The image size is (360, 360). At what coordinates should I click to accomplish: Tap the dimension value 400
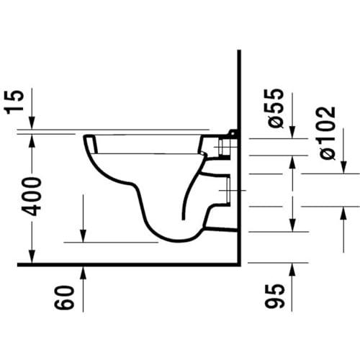pyautogui.click(x=31, y=197)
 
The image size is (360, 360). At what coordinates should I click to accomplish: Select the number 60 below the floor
pyautogui.click(x=64, y=297)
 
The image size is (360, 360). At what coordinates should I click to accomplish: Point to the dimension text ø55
pyautogui.click(x=274, y=108)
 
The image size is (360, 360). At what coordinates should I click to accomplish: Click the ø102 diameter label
pyautogui.click(x=328, y=132)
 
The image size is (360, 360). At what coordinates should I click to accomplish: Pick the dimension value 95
pyautogui.click(x=275, y=296)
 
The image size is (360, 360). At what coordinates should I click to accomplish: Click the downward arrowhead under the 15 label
pyautogui.click(x=32, y=123)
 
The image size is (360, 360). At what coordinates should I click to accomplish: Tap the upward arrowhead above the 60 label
pyautogui.click(x=83, y=272)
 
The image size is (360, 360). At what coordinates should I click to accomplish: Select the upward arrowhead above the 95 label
pyautogui.click(x=292, y=269)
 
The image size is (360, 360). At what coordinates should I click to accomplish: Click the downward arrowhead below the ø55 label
pyautogui.click(x=292, y=132)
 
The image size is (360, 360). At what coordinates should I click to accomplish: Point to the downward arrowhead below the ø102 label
pyautogui.click(x=343, y=167)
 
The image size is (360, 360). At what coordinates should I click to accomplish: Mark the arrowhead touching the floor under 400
pyautogui.click(x=32, y=257)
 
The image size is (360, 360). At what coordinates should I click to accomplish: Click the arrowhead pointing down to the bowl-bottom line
pyautogui.click(x=83, y=235)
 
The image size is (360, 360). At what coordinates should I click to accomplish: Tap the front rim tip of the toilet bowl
pyautogui.click(x=84, y=137)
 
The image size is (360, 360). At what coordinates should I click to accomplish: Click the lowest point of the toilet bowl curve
pyautogui.click(x=178, y=240)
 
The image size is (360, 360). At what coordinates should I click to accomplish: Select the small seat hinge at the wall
pyautogui.click(x=233, y=134)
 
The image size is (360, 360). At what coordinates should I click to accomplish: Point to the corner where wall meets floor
pyautogui.click(x=239, y=265)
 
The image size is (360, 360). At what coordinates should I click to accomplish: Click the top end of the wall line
pyautogui.click(x=239, y=50)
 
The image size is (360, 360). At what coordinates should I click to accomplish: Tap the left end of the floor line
pyautogui.click(x=18, y=265)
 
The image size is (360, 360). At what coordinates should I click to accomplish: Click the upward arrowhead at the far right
pyautogui.click(x=343, y=213)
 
